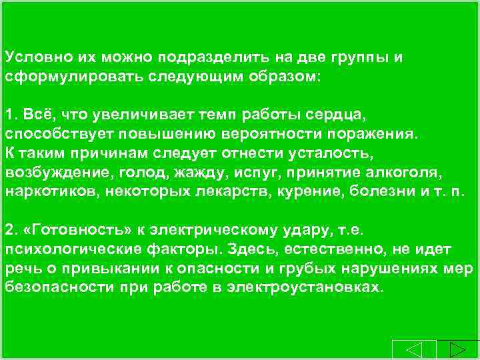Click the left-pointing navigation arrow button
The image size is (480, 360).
[414, 351]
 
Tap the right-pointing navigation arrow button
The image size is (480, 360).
[457, 351]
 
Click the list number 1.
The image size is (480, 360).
[9, 115]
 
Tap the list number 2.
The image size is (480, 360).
[9, 230]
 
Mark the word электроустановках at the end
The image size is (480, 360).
[305, 288]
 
